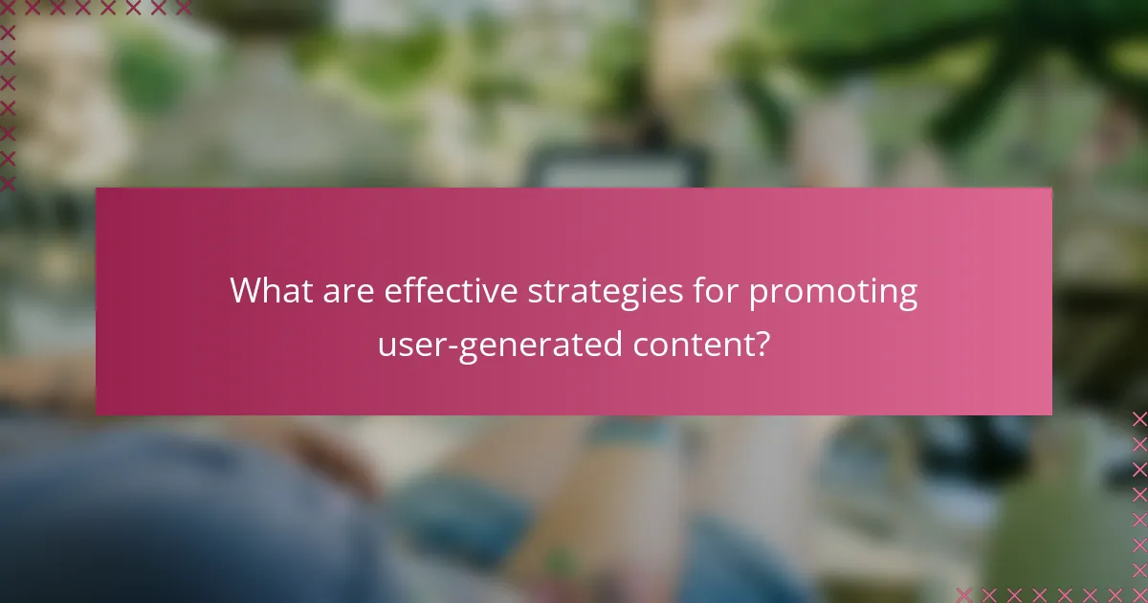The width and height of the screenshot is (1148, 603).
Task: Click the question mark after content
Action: coord(762,344)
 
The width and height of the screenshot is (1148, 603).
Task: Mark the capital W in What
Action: coord(245,291)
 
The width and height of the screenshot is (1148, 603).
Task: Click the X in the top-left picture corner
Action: coord(9,8)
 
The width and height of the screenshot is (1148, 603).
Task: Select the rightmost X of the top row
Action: coord(183,8)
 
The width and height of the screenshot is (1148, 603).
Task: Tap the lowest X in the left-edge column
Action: coord(9,182)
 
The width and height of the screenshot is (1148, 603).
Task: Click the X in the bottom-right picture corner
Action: coord(1139,594)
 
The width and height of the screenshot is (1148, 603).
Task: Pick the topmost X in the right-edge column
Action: coord(1139,419)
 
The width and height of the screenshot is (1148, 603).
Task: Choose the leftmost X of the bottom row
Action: coord(964,594)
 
